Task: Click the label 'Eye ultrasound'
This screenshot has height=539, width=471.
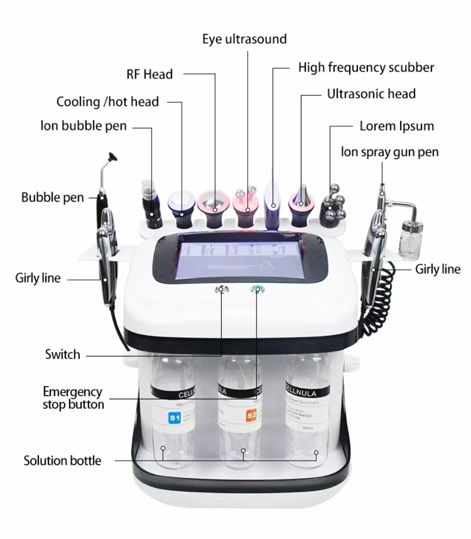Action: pyautogui.click(x=244, y=39)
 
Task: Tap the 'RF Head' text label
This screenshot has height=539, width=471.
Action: pyautogui.click(x=150, y=74)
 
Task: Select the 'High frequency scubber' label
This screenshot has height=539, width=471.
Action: pyautogui.click(x=366, y=68)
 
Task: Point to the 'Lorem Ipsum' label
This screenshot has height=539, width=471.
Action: pyautogui.click(x=396, y=126)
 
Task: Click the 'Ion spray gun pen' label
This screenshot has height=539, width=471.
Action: pyautogui.click(x=389, y=152)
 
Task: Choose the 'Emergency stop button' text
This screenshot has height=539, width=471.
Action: pyautogui.click(x=73, y=398)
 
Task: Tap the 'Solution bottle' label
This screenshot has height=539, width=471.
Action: pyautogui.click(x=62, y=461)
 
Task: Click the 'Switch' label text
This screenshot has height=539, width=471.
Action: pyautogui.click(x=62, y=354)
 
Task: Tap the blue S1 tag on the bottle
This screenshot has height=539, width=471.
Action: pyautogui.click(x=174, y=418)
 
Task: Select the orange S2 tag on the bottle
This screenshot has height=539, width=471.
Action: pyautogui.click(x=251, y=415)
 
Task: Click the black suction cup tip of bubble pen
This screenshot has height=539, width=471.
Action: pyautogui.click(x=113, y=156)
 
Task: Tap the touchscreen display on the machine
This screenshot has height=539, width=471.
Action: pyautogui.click(x=239, y=257)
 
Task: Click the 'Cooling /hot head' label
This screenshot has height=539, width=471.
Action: pyautogui.click(x=107, y=102)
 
